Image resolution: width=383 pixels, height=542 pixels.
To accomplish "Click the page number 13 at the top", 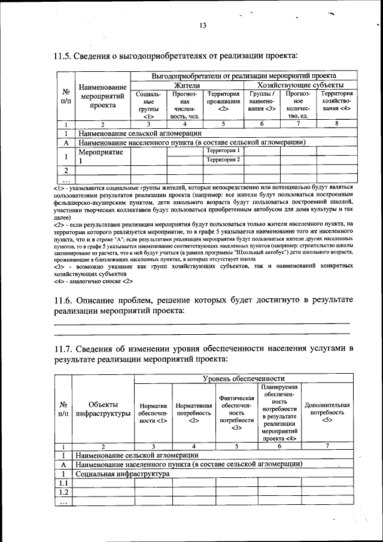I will pyautogui.click(x=203, y=25).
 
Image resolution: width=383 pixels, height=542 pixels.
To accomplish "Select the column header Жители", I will pyautogui.click(x=187, y=86).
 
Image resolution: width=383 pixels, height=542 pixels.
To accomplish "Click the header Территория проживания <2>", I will pyautogui.click(x=223, y=101).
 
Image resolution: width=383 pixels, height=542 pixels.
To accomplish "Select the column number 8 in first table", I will pyautogui.click(x=336, y=124).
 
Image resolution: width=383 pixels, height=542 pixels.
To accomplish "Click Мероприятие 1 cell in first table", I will pyautogui.click(x=102, y=156).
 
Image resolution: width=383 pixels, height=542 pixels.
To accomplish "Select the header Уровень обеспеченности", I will pyautogui.click(x=243, y=379).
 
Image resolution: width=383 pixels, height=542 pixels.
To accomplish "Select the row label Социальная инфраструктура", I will pyautogui.click(x=123, y=474).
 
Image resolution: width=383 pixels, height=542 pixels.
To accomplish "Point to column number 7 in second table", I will pyautogui.click(x=327, y=446).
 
